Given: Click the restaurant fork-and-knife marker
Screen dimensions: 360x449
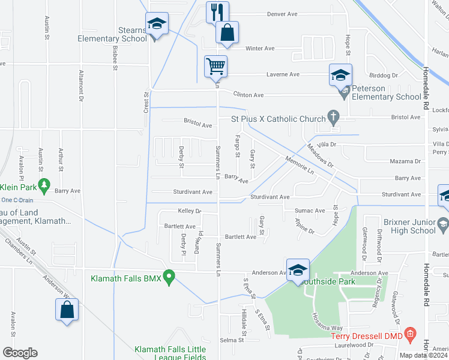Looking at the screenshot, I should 217,11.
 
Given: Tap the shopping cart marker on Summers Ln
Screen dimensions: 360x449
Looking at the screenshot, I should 215,66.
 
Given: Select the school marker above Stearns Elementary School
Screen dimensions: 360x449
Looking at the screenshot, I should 157,24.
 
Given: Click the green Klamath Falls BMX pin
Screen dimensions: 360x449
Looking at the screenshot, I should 169,277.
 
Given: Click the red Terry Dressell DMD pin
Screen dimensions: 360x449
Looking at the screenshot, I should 410,333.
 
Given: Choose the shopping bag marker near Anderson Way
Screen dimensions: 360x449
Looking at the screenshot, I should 67,310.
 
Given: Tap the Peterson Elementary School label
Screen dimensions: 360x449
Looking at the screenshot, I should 386,92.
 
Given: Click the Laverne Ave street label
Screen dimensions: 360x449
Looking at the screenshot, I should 283,74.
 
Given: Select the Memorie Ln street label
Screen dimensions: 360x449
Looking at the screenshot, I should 300,166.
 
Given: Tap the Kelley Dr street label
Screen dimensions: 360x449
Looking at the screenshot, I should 189,211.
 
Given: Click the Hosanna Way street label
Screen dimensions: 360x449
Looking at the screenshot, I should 326,324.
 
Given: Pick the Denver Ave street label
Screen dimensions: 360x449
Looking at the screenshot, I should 283,14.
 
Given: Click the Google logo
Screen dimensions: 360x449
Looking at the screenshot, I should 20,353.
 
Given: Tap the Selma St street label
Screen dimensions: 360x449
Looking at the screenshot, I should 231,340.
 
